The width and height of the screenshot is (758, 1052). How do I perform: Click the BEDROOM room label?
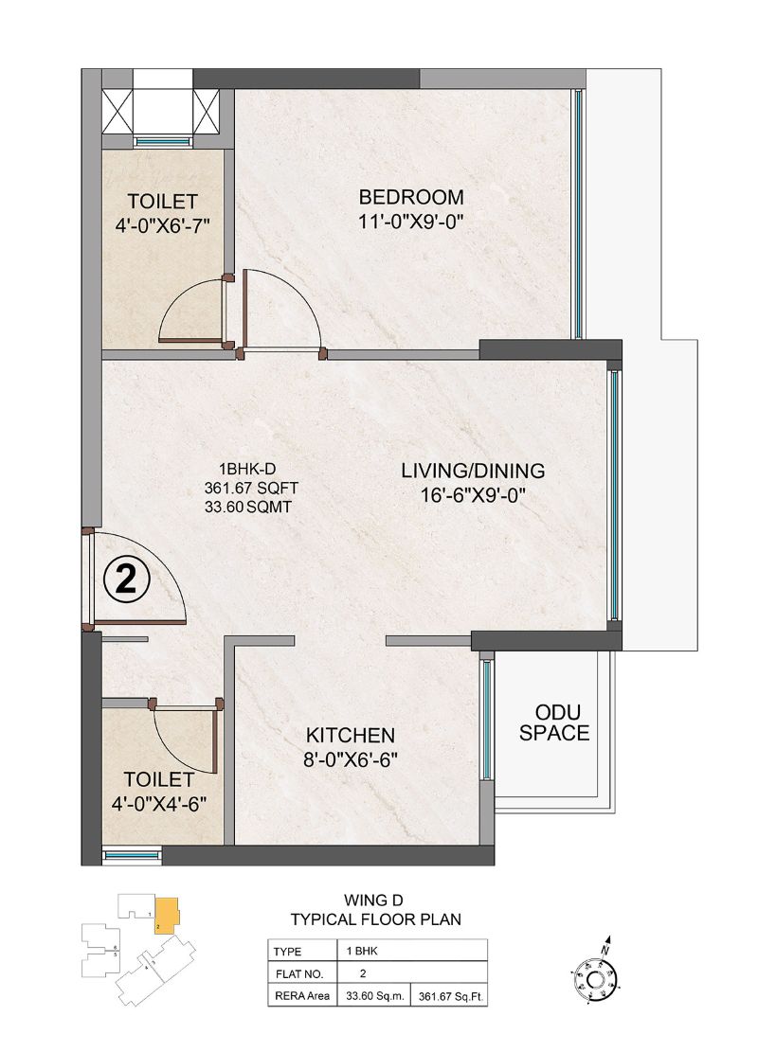pyautogui.click(x=410, y=197)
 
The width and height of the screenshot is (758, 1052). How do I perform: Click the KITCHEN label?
pyautogui.click(x=350, y=735)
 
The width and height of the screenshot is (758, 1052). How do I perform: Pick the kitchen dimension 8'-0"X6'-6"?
pyautogui.click(x=350, y=758)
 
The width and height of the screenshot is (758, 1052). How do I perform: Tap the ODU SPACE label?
pyautogui.click(x=561, y=722)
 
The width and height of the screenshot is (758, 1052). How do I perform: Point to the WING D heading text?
pyautogui.click(x=375, y=900)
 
